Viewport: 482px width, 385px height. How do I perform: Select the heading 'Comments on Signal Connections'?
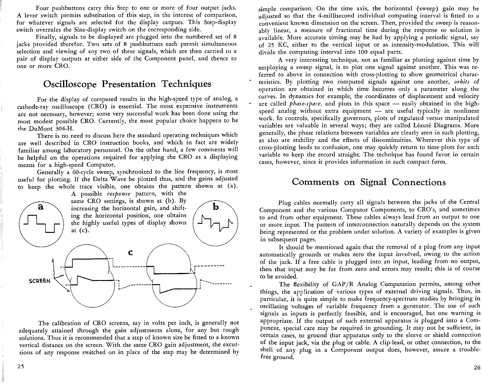[x=369, y=182]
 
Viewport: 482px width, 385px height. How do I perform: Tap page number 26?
[x=477, y=368]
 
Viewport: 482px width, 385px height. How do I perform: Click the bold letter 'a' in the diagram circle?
[x=40, y=207]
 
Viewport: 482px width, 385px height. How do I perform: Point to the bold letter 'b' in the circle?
[x=216, y=207]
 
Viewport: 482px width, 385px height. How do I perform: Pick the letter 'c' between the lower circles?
[x=130, y=252]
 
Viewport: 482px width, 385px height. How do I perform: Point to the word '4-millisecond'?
[x=337, y=16]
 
